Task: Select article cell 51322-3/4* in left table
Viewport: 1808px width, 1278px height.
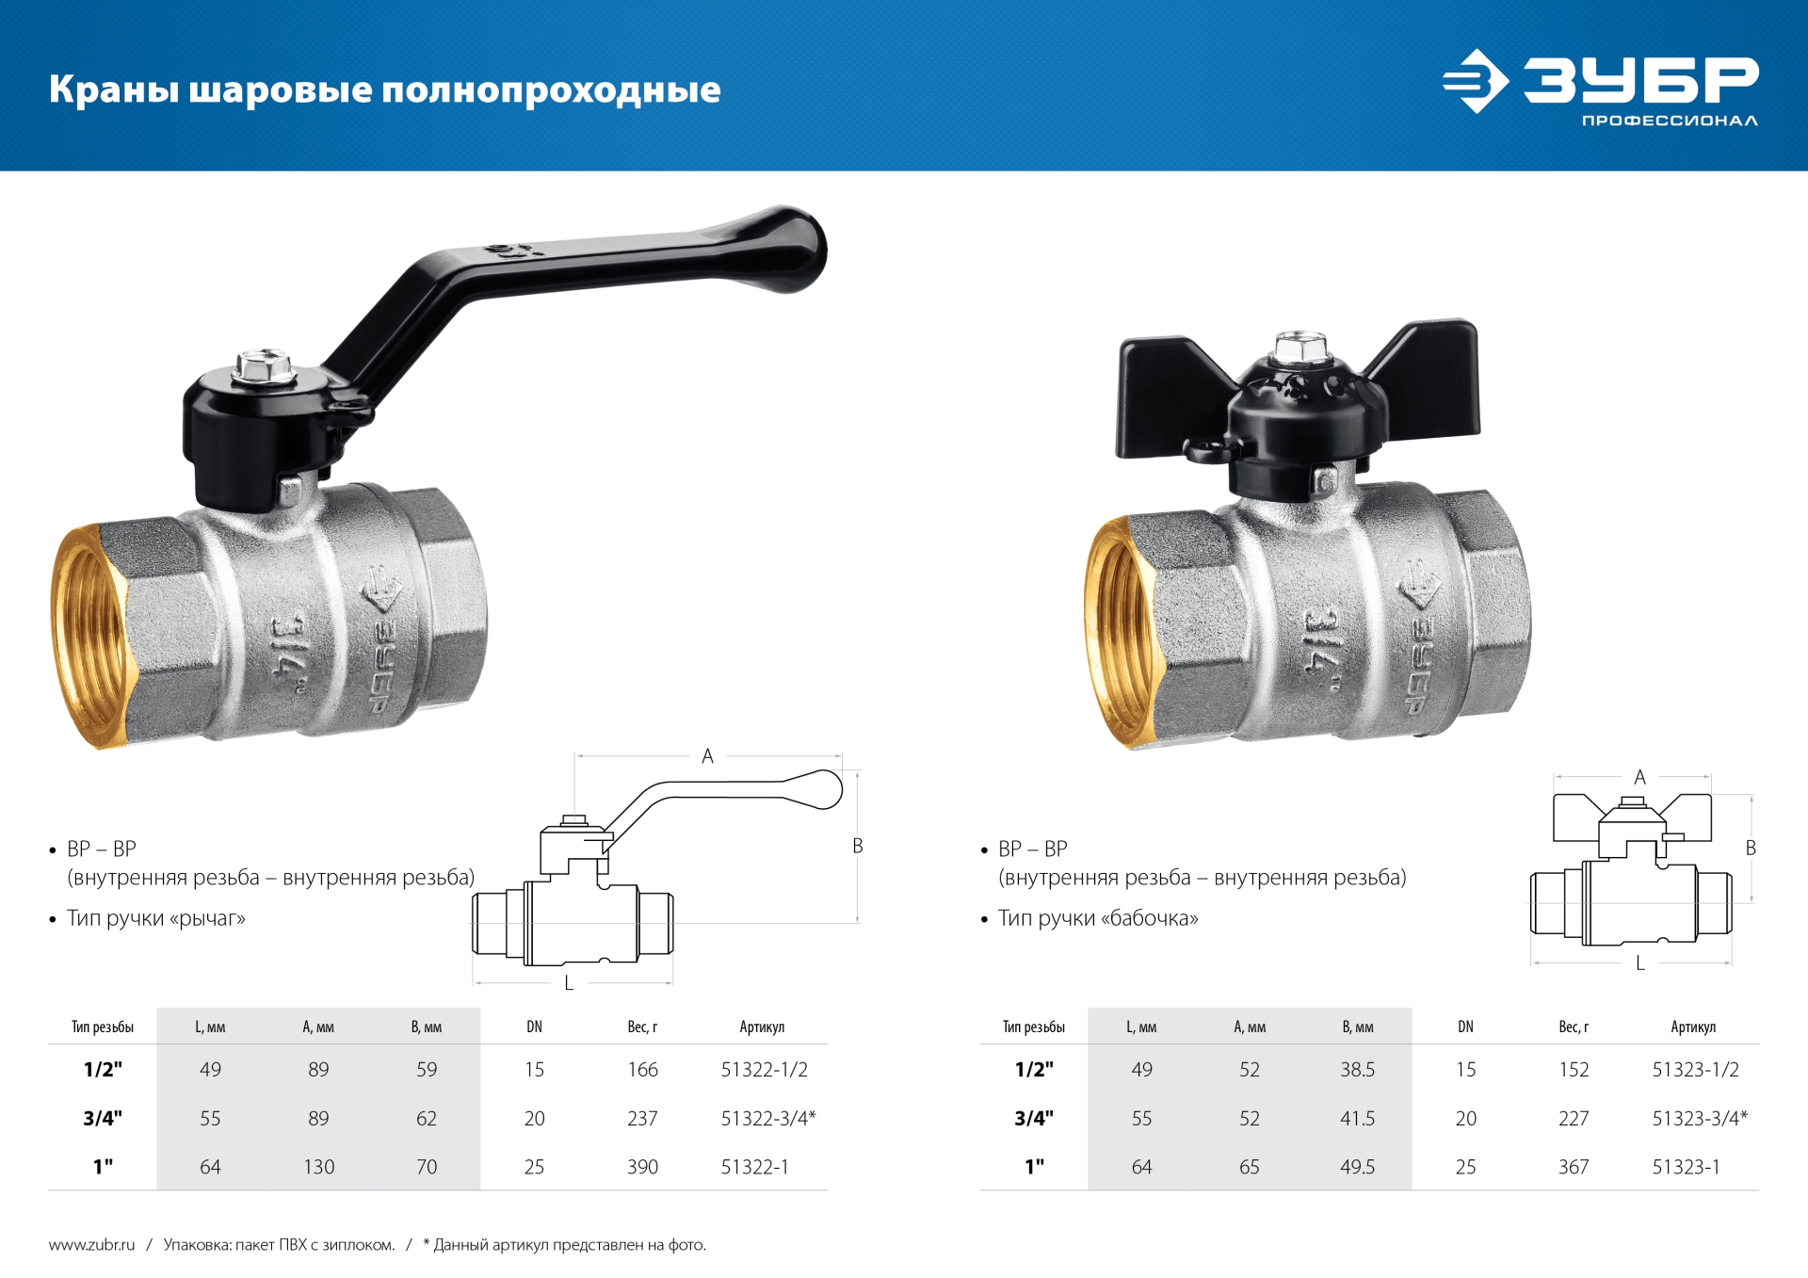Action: coord(767,1118)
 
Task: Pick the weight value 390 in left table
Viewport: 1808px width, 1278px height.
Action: coord(642,1167)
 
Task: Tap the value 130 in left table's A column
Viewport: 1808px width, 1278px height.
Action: coord(318,1167)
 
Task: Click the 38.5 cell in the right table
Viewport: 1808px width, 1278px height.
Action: coord(1357,1070)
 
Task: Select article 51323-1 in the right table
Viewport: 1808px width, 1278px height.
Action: coord(1686,1167)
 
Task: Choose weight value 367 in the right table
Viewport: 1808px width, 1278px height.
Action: coord(1573,1167)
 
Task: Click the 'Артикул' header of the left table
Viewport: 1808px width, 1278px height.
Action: coord(761,1027)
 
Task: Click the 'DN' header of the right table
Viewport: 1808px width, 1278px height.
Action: coord(1465,1027)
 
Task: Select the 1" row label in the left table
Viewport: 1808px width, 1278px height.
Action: coord(103,1167)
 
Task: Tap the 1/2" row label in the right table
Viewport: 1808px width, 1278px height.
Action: coord(1034,1070)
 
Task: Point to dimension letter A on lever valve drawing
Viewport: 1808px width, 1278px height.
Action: coord(707,756)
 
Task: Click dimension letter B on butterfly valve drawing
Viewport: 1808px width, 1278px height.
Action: coord(1751,848)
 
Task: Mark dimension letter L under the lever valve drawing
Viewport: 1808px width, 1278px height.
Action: coord(569,983)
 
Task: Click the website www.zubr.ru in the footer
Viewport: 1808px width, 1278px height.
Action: coord(91,1245)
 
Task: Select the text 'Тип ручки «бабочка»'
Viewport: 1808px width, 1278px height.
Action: coord(1097,918)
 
